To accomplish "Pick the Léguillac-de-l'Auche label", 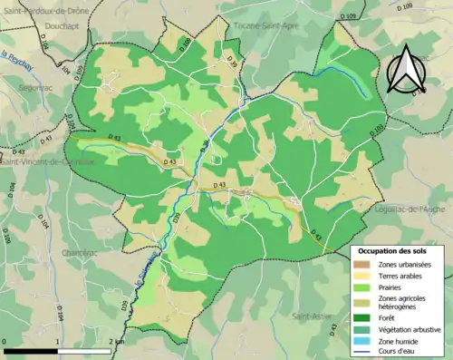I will [x=410, y=209].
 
